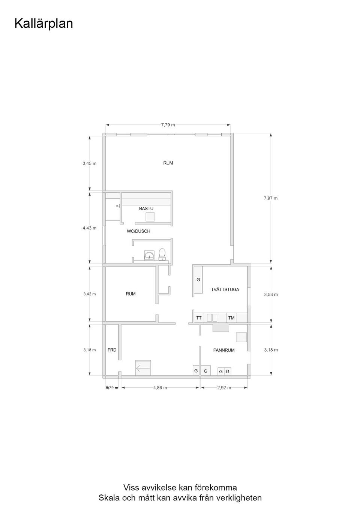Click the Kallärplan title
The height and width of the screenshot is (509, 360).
point(43,24)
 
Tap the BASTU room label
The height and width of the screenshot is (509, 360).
point(146,208)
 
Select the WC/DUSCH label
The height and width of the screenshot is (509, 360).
point(138,231)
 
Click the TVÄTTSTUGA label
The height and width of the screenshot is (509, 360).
point(225,289)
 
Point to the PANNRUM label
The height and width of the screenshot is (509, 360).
point(224,350)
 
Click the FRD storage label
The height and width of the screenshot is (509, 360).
point(112,350)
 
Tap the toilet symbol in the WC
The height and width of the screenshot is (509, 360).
point(162,254)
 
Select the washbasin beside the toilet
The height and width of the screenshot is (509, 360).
point(149,255)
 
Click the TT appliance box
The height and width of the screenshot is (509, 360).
point(199,318)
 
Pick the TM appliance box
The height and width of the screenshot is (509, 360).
point(231,318)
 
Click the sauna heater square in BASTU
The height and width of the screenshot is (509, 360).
point(150,217)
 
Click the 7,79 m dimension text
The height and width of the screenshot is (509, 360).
point(168,125)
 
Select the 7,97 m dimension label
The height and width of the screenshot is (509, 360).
point(271,198)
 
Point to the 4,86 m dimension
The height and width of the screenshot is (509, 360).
point(160,388)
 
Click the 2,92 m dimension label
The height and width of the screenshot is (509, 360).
point(224,388)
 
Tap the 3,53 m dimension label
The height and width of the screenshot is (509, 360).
point(271,295)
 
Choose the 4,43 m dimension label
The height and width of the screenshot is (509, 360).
point(90,228)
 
